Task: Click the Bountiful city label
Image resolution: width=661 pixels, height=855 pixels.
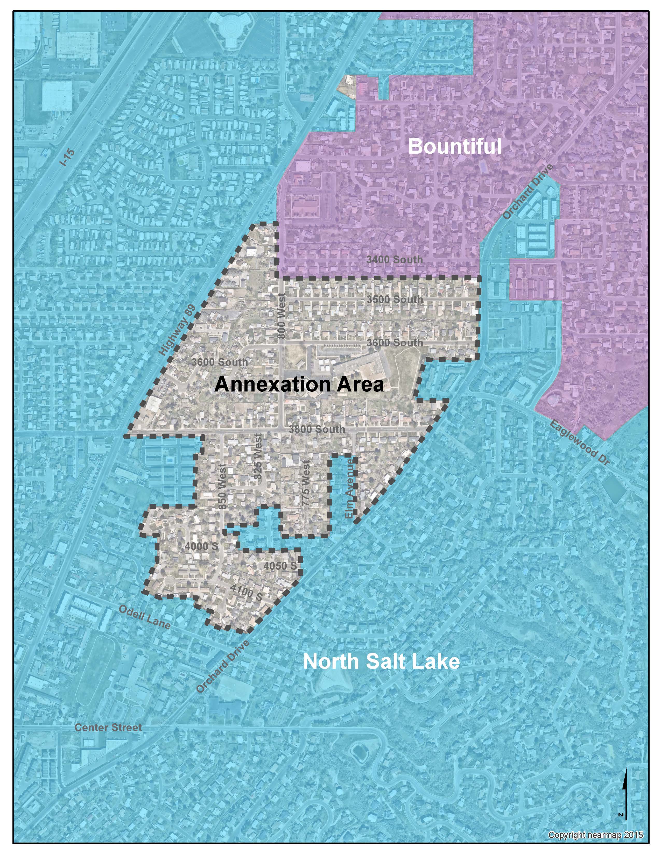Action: click(x=455, y=147)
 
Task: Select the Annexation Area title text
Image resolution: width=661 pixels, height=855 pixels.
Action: click(x=299, y=384)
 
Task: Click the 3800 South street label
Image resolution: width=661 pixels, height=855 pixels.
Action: click(x=317, y=429)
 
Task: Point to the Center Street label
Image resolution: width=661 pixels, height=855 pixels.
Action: click(x=108, y=727)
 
